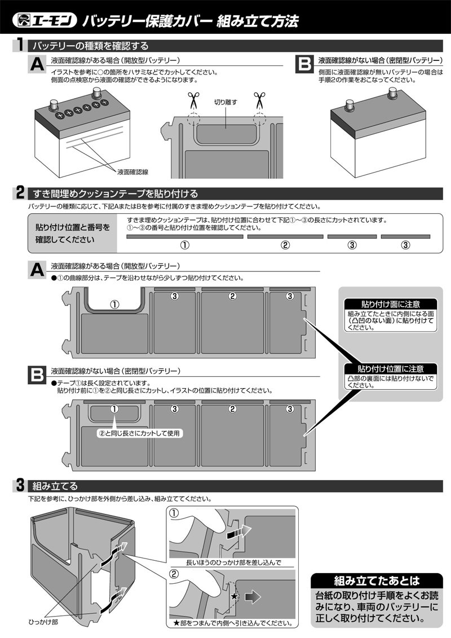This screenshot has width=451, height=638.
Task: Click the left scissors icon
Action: point(193,101)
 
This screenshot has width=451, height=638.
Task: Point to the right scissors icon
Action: point(258,101)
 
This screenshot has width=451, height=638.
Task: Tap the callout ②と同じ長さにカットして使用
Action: point(140,433)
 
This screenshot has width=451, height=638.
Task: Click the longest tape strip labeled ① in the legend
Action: point(184,237)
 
